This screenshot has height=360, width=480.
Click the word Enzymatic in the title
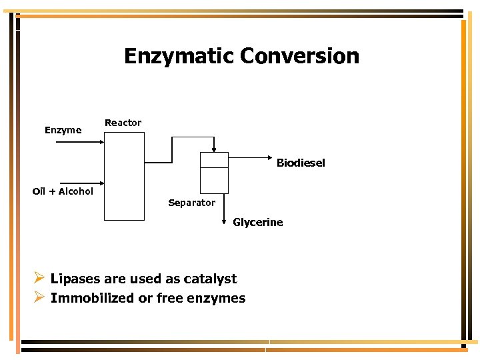pos(179,56)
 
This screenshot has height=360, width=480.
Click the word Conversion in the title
pos(299,56)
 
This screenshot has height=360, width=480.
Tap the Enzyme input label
pos(63,130)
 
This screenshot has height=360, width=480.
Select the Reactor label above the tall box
pos(123,123)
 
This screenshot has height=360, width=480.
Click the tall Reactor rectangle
pos(124,176)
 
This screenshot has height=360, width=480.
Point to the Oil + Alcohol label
pos(63,191)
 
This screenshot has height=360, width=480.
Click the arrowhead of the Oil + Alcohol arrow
pos(101,183)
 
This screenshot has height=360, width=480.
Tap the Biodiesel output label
pos(301,163)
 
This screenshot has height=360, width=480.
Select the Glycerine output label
pos(257,222)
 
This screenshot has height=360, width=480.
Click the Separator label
pos(191,203)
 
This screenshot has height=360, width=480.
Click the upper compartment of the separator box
pos(214,160)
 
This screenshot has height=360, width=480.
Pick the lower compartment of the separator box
pos(214,180)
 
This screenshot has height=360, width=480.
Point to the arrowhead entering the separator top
pos(213,149)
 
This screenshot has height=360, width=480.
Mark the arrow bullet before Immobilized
pos(39,297)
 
